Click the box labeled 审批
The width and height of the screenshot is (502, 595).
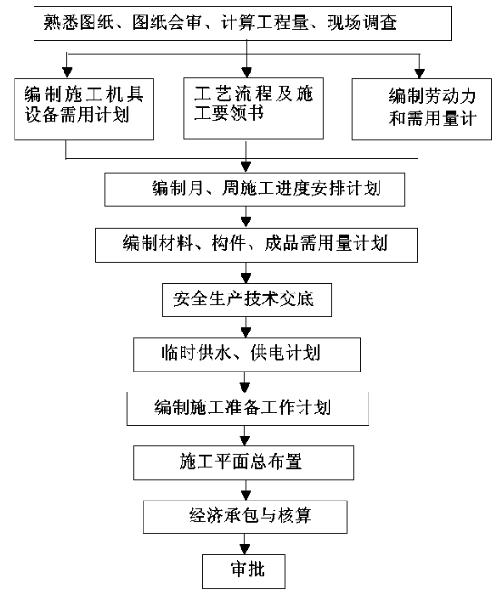(244, 570)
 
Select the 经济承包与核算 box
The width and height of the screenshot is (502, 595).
(245, 517)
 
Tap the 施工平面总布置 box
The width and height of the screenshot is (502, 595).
(244, 462)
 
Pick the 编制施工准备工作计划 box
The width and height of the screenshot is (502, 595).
(248, 408)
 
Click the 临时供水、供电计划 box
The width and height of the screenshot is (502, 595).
(247, 354)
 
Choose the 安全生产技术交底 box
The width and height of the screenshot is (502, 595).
(247, 300)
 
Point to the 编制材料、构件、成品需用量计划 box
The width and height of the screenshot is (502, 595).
(256, 244)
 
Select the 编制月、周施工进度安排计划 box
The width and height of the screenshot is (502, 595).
(255, 189)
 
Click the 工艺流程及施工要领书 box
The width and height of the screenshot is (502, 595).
(253, 108)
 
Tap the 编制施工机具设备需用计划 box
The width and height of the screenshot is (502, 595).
(84, 109)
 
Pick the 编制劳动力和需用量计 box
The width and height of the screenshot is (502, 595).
(422, 109)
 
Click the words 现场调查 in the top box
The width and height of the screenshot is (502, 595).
(362, 23)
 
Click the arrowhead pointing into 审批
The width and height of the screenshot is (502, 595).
(244, 550)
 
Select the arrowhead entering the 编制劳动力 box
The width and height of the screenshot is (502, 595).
(419, 74)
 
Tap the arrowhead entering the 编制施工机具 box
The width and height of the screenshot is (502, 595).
(67, 73)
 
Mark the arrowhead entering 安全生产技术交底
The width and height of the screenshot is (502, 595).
(246, 279)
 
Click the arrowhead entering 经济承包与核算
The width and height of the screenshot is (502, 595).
(246, 496)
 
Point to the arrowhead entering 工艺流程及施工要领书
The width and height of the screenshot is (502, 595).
(247, 73)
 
